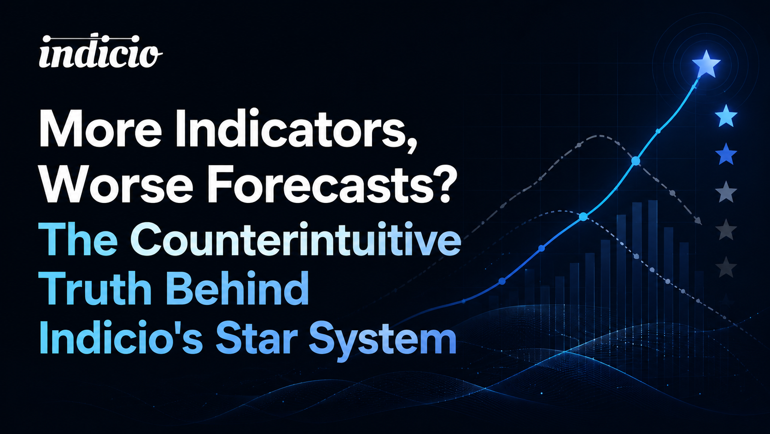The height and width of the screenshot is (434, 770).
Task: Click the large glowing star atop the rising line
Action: point(706,64)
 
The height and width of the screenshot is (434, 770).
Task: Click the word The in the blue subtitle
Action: point(78,239)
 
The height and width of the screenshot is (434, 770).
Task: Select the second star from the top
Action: point(726,116)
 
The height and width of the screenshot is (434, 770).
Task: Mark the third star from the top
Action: point(726,154)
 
